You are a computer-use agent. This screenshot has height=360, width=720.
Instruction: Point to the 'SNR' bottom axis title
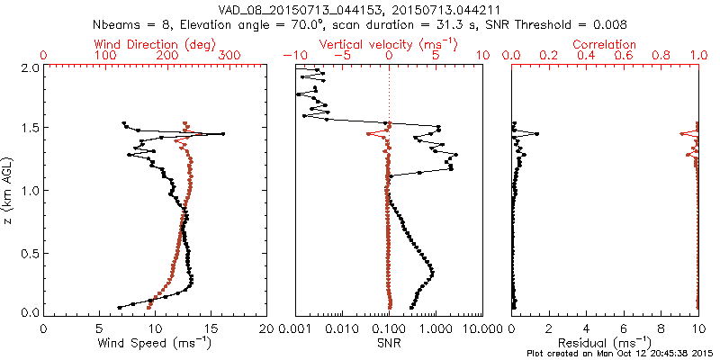[390, 342]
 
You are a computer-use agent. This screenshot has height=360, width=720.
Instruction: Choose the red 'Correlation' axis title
[606, 44]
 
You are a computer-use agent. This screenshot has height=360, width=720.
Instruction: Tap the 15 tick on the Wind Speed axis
[211, 328]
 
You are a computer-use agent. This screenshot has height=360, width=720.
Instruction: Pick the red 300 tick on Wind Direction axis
[229, 56]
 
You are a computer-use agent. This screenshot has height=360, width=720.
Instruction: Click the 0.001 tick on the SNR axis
[296, 328]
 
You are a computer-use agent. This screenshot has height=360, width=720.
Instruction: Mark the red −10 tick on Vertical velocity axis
[295, 56]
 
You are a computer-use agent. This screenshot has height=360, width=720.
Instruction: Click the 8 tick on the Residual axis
[661, 328]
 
